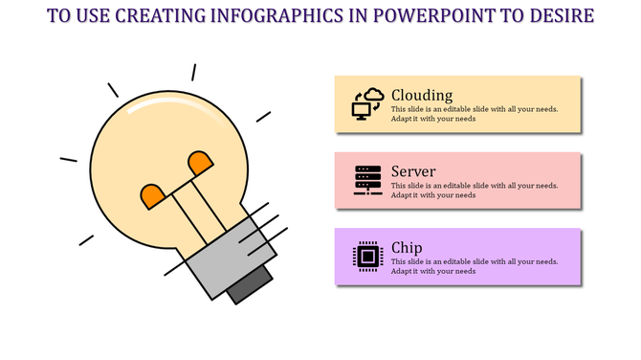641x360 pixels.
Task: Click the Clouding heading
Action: (422, 95)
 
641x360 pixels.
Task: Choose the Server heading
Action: (413, 171)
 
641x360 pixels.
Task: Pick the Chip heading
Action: (407, 247)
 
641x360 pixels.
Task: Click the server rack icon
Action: (367, 180)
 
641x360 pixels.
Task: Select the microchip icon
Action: (367, 256)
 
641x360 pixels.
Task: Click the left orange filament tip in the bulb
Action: (153, 196)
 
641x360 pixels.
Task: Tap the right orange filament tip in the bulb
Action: (201, 163)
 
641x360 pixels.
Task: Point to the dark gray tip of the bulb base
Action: (248, 285)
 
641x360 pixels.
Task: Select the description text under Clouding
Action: (474, 114)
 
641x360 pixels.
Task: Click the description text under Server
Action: (474, 190)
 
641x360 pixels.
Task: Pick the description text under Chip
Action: (474, 265)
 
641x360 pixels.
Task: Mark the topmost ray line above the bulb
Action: (193, 72)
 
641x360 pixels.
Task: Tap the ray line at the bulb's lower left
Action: (86, 239)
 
